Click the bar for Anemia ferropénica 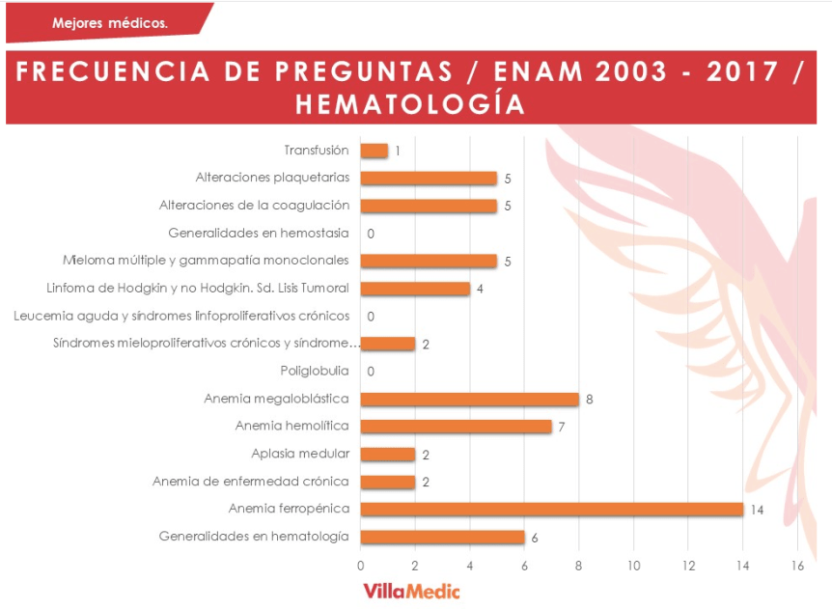(551, 509)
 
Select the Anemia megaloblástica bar (469, 399)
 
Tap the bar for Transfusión (374, 151)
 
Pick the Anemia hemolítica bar (456, 426)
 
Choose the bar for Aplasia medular (387, 454)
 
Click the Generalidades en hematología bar (442, 537)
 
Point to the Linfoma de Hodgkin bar (415, 289)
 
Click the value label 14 (757, 510)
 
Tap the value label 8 (589, 399)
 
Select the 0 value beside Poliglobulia (371, 372)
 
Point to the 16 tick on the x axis (797, 566)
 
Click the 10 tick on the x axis (633, 566)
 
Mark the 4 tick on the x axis (470, 566)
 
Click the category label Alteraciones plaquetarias (272, 178)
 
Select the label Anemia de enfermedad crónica (250, 482)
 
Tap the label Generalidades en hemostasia (259, 233)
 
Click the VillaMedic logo (411, 591)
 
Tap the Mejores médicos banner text (109, 22)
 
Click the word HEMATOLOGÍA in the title (410, 104)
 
